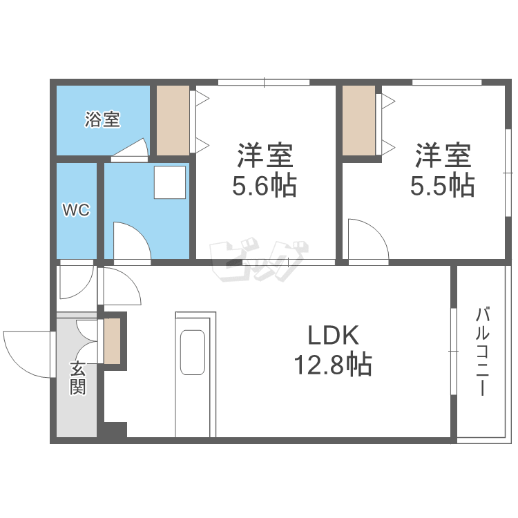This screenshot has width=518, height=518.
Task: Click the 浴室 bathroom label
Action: pyautogui.click(x=102, y=119)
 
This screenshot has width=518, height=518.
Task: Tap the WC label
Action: pyautogui.click(x=76, y=211)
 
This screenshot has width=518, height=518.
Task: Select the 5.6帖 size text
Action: pyautogui.click(x=265, y=186)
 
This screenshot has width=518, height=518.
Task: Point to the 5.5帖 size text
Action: pyautogui.click(x=443, y=186)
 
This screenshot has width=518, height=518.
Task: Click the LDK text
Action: pyautogui.click(x=333, y=336)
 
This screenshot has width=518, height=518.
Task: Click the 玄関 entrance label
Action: pyautogui.click(x=77, y=378)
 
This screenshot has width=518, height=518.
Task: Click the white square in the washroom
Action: pyautogui.click(x=169, y=182)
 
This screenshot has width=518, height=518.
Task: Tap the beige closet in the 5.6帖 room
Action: pyautogui.click(x=173, y=120)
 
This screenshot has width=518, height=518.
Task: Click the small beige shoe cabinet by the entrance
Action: pyautogui.click(x=112, y=340)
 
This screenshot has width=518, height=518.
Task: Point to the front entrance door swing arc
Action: pyautogui.click(x=28, y=354)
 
